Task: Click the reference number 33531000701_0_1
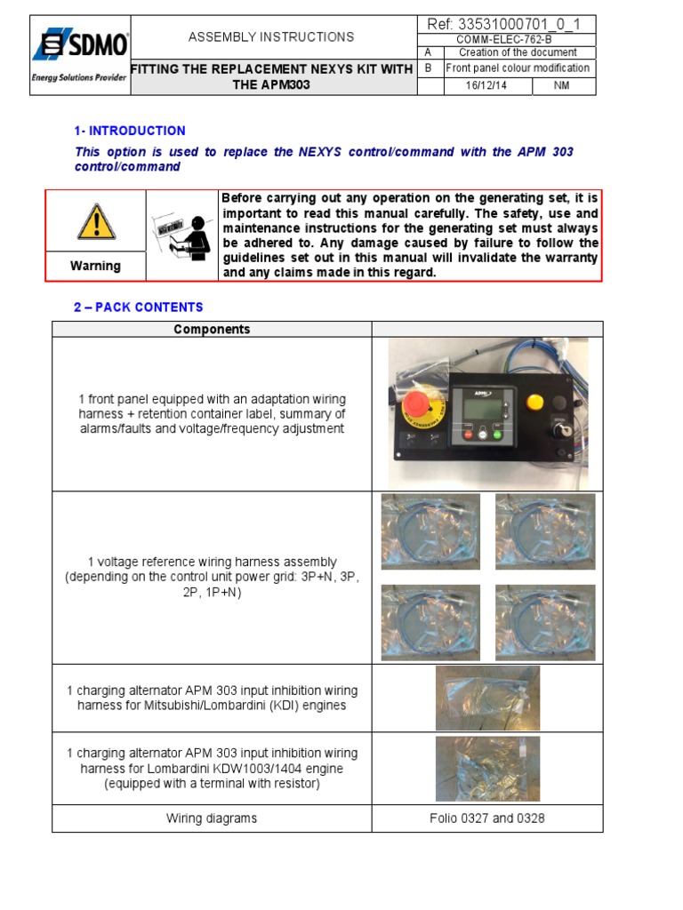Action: click(506, 24)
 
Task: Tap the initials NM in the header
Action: click(563, 85)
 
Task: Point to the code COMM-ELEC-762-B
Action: click(505, 40)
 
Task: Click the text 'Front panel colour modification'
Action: click(518, 68)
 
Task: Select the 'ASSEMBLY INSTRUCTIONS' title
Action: click(271, 37)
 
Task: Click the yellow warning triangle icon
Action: click(95, 222)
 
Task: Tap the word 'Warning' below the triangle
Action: click(95, 266)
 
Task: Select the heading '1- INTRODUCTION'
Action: click(130, 131)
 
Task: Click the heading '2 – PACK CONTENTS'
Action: click(138, 307)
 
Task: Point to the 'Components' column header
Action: click(212, 329)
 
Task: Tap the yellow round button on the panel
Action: click(534, 403)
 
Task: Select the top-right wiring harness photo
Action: click(544, 531)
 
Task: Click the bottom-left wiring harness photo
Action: click(430, 622)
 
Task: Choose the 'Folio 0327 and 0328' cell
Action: click(487, 818)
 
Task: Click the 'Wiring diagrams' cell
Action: click(212, 818)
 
